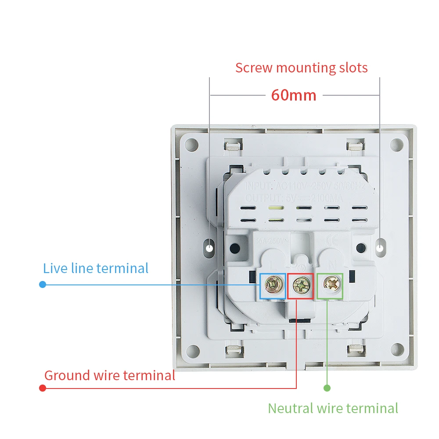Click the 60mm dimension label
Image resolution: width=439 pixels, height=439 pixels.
pyautogui.click(x=294, y=95)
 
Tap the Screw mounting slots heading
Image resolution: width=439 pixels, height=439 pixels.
pyautogui.click(x=301, y=68)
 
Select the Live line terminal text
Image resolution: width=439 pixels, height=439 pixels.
pyautogui.click(x=96, y=268)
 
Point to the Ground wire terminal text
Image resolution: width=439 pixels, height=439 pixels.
pyautogui.click(x=110, y=375)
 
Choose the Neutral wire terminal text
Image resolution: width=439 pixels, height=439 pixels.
pyautogui.click(x=333, y=408)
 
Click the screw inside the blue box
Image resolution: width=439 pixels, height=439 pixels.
pyautogui.click(x=273, y=286)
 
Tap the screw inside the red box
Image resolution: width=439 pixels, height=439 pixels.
pyautogui.click(x=300, y=286)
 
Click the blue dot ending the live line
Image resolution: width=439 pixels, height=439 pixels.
pyautogui.click(x=43, y=284)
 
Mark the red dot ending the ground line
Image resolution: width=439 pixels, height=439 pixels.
pyautogui.click(x=43, y=388)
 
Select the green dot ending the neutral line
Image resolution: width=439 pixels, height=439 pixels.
pyautogui.click(x=327, y=388)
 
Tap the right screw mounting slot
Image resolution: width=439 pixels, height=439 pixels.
pyautogui.click(x=380, y=248)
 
